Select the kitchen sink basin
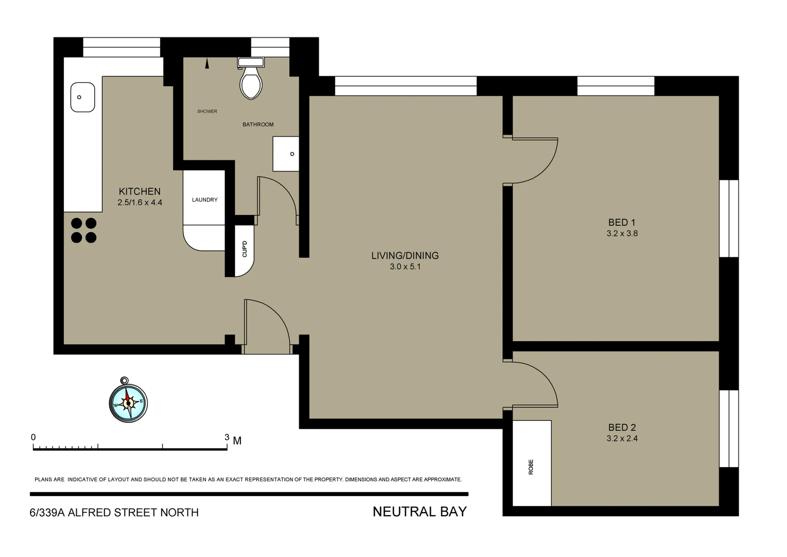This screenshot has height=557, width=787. pyautogui.click(x=82, y=97)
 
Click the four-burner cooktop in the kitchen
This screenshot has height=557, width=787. pyautogui.click(x=84, y=231)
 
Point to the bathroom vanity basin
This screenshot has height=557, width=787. pyautogui.click(x=286, y=154)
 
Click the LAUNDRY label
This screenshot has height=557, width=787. pyautogui.click(x=204, y=200)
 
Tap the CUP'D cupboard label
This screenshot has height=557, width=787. pyautogui.click(x=245, y=249)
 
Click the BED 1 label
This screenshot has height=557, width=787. pyautogui.click(x=622, y=222)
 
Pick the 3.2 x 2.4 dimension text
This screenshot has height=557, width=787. pyautogui.click(x=622, y=438)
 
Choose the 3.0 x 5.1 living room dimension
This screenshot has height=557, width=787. pyautogui.click(x=405, y=267)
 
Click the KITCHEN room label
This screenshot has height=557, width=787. pyautogui.click(x=140, y=191)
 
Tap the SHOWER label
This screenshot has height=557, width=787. pyautogui.click(x=207, y=111)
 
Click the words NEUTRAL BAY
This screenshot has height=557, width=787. pyautogui.click(x=419, y=512)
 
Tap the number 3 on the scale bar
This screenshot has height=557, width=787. pyautogui.click(x=227, y=437)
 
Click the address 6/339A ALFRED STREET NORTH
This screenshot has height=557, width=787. pyautogui.click(x=114, y=513)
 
